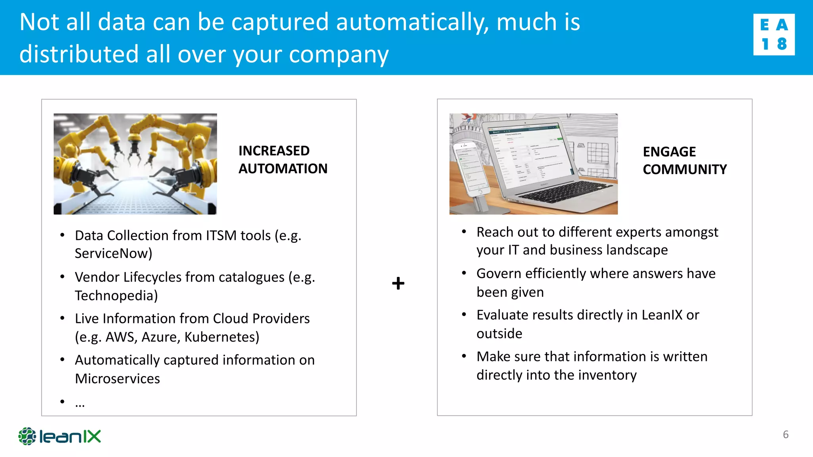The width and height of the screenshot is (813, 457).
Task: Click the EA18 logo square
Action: [x=774, y=35]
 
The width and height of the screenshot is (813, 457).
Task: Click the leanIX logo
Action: [x=60, y=436]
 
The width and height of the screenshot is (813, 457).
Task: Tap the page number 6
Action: [x=786, y=434]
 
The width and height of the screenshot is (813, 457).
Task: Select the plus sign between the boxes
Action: [x=398, y=283]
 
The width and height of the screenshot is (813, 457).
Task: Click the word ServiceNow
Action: [x=113, y=253]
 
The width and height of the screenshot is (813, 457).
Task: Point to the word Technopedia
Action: [x=116, y=296]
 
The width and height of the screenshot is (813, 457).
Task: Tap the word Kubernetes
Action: [x=222, y=337]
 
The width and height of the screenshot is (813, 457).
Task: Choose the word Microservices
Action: [x=118, y=379]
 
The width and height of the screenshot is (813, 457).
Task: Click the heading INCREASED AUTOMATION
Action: [x=283, y=159]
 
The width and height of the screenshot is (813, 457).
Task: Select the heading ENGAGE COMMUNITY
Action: [x=684, y=160]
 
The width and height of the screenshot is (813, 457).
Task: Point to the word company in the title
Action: [x=339, y=54]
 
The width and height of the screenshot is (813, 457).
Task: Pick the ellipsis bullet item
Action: [x=80, y=403]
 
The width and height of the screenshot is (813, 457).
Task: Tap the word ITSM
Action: [x=221, y=236]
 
